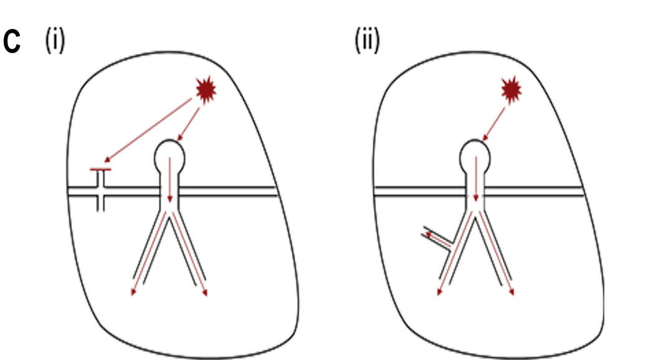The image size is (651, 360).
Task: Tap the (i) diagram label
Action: click(55, 42)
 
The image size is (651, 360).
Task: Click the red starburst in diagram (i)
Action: click(207, 92)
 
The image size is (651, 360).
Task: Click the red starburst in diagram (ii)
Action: click(512, 92)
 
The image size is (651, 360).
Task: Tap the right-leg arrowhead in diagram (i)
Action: click(206, 293)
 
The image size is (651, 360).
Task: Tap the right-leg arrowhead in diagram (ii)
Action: click(512, 293)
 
